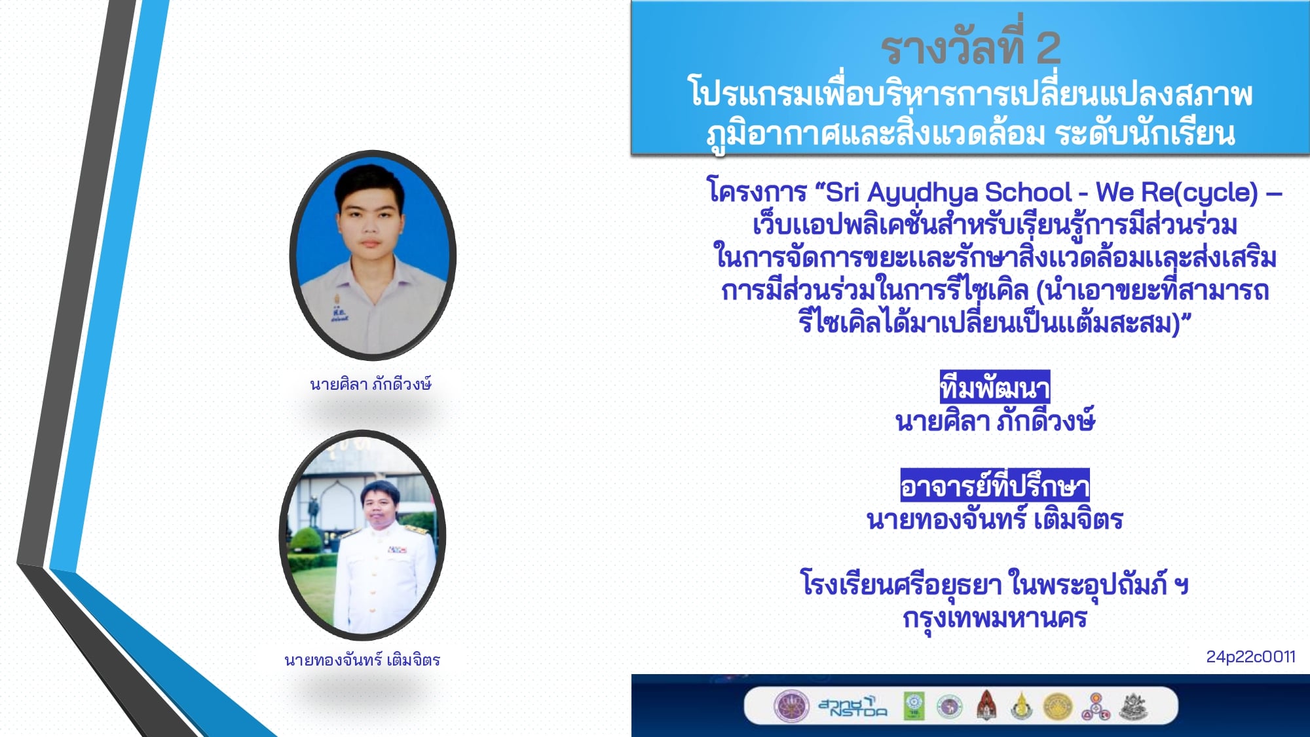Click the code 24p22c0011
[1250, 656]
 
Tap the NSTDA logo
[852, 706]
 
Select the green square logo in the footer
[914, 706]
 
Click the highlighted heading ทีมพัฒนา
[994, 388]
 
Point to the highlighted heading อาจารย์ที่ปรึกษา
[994, 485]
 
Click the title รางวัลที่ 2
[970, 47]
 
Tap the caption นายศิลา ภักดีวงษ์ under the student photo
[371, 384]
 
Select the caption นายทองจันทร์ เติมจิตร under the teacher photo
[362, 660]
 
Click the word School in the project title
[1028, 192]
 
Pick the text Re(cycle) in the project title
[1199, 193]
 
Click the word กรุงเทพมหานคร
[994, 618]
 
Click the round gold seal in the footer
[1057, 707]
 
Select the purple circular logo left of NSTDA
[791, 706]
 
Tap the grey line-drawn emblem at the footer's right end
[1133, 706]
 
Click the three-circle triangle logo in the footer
[1096, 707]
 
